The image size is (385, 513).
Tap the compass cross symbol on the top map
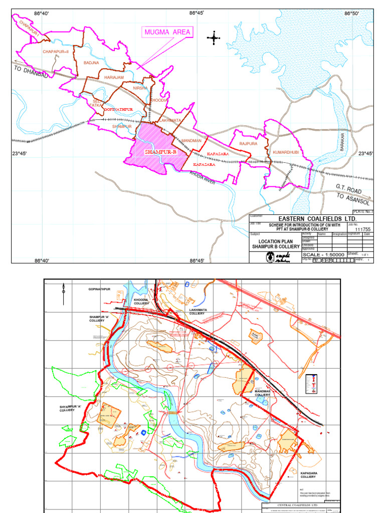[214, 38]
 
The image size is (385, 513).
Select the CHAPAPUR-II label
[55, 52]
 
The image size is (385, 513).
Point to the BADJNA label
[91, 63]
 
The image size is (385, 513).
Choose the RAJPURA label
[248, 144]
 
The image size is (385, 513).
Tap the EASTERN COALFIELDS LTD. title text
[311, 219]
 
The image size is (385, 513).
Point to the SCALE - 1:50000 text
[323, 254]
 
